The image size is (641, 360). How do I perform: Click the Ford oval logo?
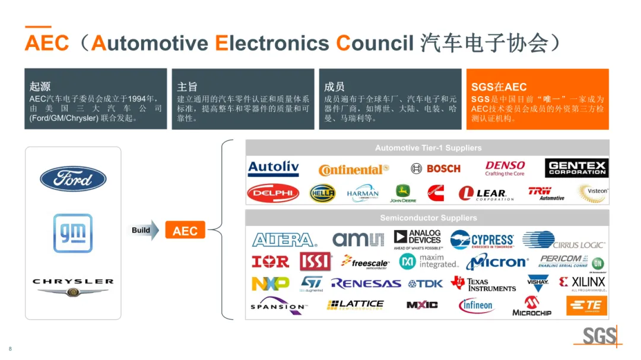(73, 179)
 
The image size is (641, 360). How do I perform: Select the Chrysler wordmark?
(73, 282)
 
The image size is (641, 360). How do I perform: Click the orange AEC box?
(185, 230)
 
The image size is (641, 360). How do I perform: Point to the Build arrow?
(145, 230)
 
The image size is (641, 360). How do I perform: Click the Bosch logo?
(436, 168)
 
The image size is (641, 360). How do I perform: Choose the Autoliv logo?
(273, 168)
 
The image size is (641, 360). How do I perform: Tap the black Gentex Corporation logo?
(576, 168)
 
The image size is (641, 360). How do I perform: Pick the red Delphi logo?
(273, 193)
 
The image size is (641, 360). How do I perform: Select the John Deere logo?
(403, 193)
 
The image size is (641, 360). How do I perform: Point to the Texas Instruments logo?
(483, 284)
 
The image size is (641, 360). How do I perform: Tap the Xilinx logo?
(582, 283)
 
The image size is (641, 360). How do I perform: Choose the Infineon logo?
(476, 305)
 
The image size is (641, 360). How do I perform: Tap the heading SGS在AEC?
(499, 87)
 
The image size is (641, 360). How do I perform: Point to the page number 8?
(10, 348)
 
